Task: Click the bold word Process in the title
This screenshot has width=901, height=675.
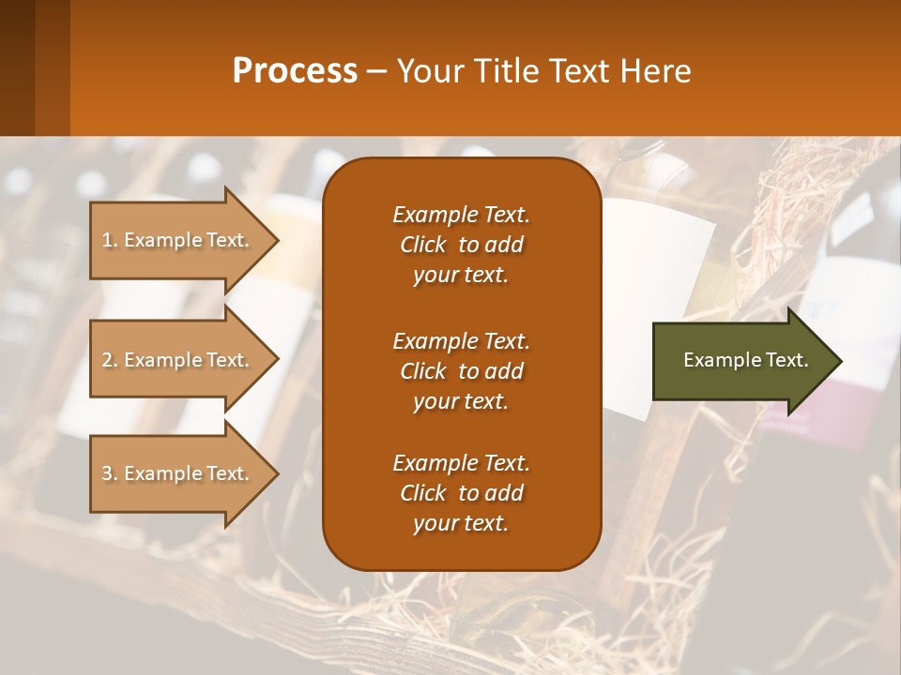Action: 295,70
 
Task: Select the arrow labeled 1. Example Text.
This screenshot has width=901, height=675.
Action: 178,240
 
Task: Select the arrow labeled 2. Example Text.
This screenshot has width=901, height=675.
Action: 178,360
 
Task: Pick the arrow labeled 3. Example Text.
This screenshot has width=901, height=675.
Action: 178,473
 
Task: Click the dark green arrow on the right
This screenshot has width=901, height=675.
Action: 741,360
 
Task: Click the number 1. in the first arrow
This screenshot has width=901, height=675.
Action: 110,241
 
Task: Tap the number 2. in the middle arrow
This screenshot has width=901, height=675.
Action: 110,361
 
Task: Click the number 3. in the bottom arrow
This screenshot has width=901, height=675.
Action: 110,474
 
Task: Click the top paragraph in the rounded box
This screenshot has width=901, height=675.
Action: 461,245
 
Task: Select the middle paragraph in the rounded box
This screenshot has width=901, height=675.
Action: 461,371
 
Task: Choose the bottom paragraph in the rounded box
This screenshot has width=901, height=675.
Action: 461,493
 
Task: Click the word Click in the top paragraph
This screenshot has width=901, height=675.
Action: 423,246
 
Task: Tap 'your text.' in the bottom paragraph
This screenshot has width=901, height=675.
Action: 461,524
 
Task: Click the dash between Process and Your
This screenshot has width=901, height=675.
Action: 376,71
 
